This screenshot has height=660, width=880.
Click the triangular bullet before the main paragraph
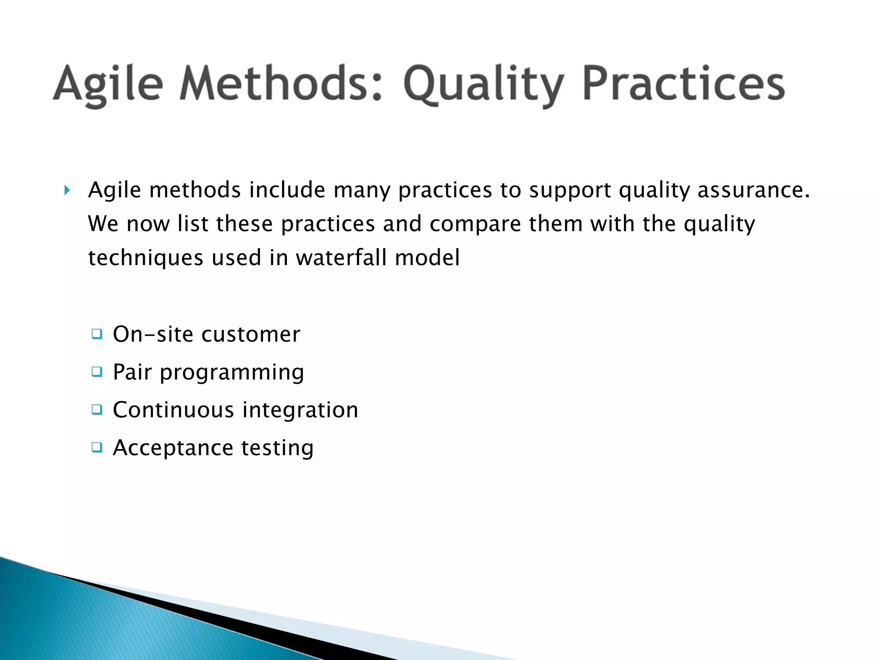67,190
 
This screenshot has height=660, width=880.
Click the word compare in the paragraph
475,224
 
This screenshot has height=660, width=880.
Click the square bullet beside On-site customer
97,334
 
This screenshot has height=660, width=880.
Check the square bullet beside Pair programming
97,372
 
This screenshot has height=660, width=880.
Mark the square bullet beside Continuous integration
97,409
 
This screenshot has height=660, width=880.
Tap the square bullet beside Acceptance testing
97,447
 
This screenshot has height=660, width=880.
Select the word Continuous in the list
173,409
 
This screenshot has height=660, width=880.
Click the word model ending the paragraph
427,257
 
